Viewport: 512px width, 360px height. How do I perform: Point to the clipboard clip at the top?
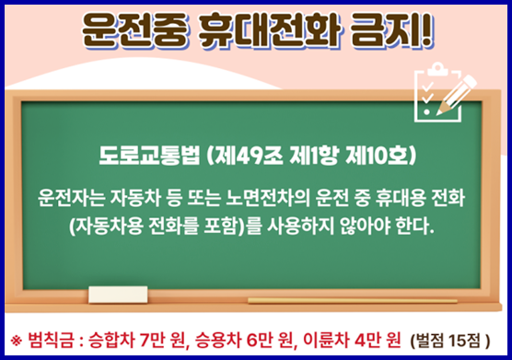(x=436, y=69)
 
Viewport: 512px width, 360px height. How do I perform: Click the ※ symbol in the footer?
(x=16, y=339)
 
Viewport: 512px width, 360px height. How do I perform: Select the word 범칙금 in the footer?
(x=50, y=339)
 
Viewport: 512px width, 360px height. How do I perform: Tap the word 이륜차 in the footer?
(x=322, y=339)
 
